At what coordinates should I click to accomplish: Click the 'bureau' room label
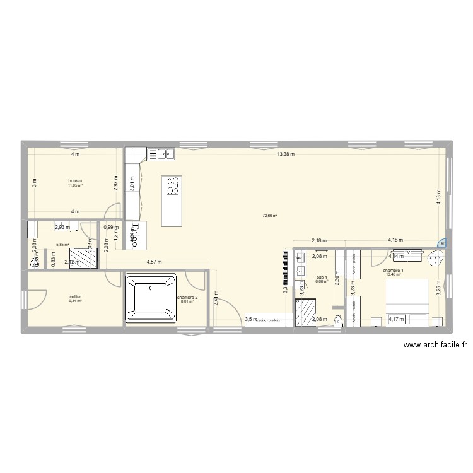76,180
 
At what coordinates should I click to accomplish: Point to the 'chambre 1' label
392,271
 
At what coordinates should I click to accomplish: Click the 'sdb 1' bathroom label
322,277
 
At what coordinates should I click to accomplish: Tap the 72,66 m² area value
270,216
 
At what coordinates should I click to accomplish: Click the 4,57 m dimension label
155,262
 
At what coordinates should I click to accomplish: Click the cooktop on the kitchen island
172,186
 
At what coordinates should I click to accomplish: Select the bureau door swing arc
113,211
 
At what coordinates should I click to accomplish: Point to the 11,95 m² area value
76,186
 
